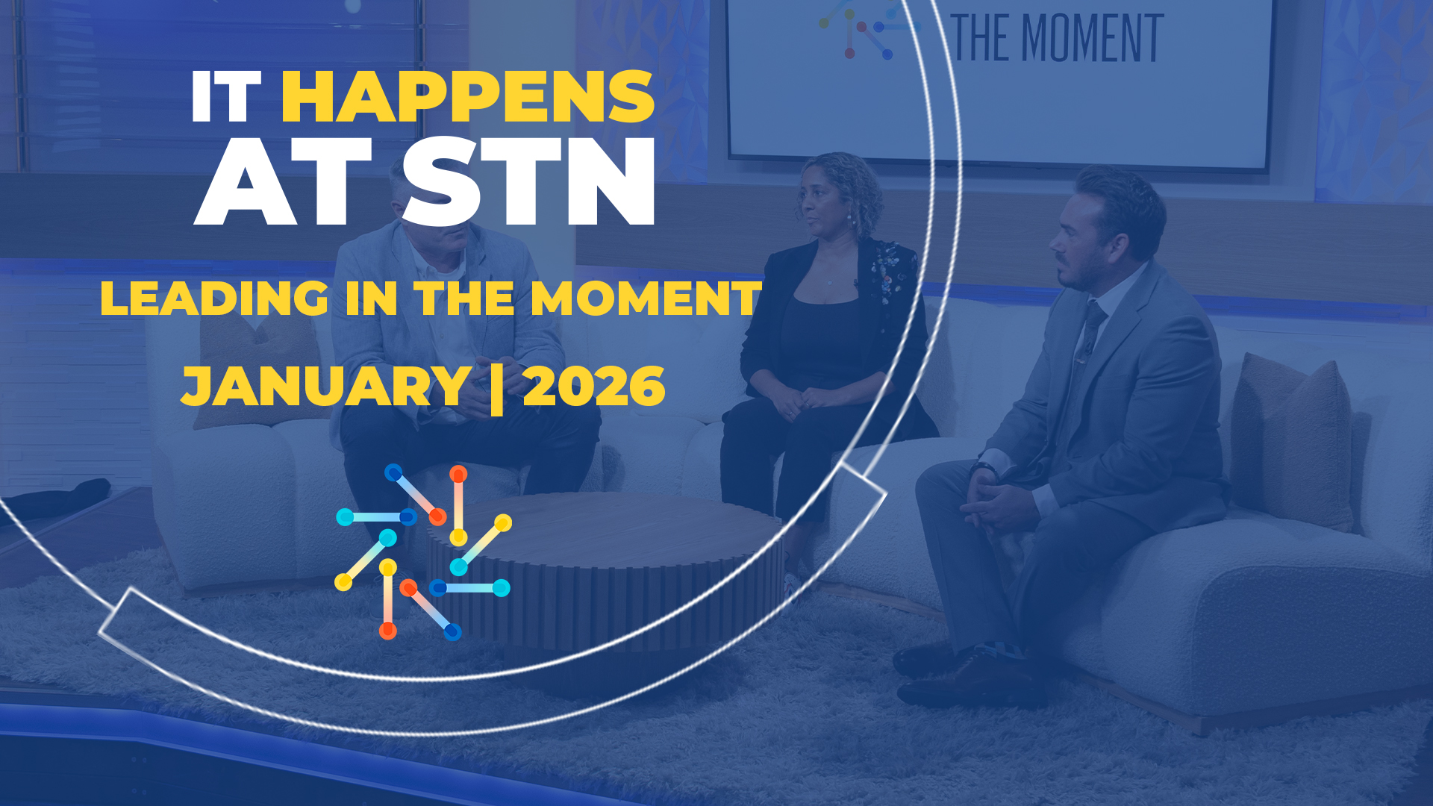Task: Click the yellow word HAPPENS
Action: tap(468, 96)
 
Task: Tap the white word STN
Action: tap(528, 181)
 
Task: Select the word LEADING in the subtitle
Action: tap(214, 299)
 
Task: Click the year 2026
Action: tap(594, 387)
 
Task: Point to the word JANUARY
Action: tap(326, 387)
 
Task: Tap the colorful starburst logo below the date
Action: tap(424, 552)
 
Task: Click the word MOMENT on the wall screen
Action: tap(1092, 39)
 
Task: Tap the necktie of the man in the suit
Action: tap(1087, 336)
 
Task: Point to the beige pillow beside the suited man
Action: tap(1291, 440)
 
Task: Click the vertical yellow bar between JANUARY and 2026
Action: tap(496, 387)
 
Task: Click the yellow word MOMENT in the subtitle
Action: tap(646, 299)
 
